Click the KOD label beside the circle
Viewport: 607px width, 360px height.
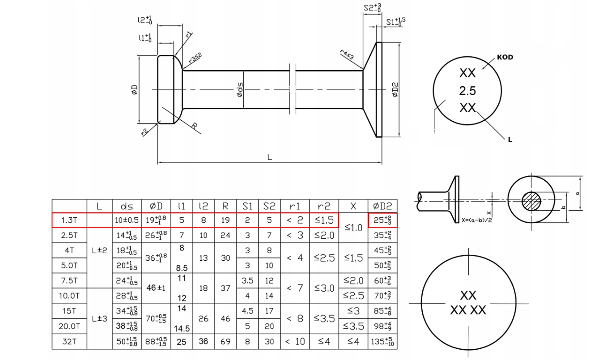pos(505,57)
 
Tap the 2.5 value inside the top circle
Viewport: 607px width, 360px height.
pos(467,91)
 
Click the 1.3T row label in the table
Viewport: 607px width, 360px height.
pos(69,220)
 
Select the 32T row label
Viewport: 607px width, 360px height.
pos(69,342)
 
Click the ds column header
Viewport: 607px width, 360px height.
pos(127,207)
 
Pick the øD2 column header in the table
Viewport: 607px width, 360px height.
pos(382,207)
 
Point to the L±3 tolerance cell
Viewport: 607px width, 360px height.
pos(99,319)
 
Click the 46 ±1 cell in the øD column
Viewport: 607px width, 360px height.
pos(156,288)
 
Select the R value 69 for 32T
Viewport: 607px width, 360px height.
pos(225,342)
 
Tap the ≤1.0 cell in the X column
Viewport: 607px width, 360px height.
pos(353,228)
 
